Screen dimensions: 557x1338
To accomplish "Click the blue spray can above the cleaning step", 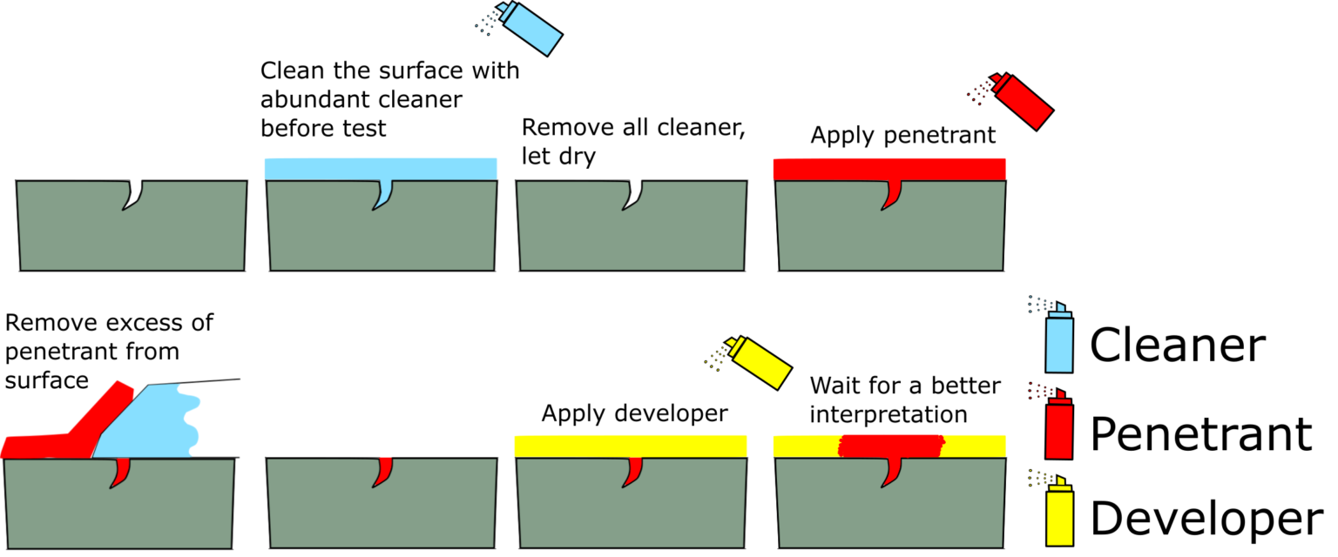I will pyautogui.click(x=530, y=30).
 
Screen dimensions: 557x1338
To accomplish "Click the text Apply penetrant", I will pyautogui.click(x=903, y=136).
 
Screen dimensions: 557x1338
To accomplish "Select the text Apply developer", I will pyautogui.click(x=634, y=413).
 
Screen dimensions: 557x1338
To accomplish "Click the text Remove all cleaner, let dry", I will pyautogui.click(x=634, y=141).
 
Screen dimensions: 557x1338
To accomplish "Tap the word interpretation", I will pyautogui.click(x=889, y=414).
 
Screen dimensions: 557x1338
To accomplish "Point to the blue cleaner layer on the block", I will pyautogui.click(x=380, y=169).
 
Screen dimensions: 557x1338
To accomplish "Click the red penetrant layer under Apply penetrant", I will pyautogui.click(x=889, y=169).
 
